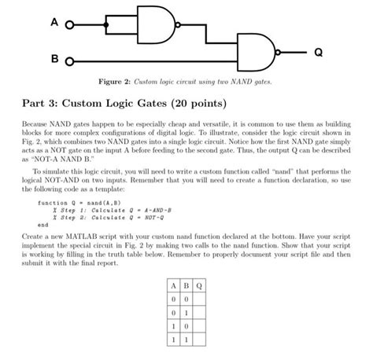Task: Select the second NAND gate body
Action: click(x=255, y=53)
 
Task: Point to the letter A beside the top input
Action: click(x=54, y=24)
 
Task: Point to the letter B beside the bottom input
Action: click(x=54, y=60)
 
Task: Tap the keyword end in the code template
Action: click(x=43, y=224)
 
